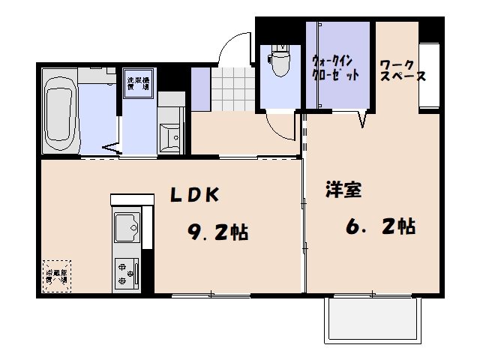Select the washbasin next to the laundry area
[172, 137]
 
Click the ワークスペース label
[403, 70]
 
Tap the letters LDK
[193, 195]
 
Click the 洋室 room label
[343, 190]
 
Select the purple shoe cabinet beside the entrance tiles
[200, 88]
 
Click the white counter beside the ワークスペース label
[429, 76]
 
